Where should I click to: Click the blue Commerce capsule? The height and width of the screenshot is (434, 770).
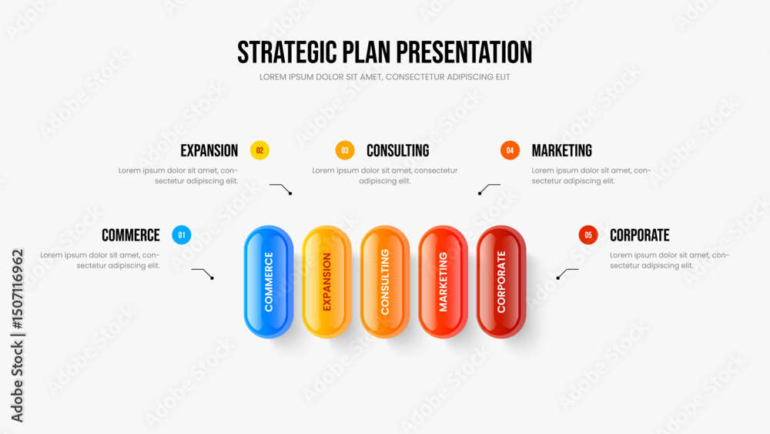click(269, 281)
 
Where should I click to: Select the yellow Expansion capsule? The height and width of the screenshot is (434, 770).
click(326, 281)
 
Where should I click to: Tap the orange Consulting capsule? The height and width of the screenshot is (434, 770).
click(385, 281)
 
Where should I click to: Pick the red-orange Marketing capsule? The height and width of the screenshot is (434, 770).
click(443, 281)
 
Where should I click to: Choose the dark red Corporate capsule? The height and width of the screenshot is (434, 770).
click(501, 281)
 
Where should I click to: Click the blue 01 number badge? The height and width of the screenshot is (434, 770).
click(182, 235)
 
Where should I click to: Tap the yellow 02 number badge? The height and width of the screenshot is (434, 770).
click(259, 150)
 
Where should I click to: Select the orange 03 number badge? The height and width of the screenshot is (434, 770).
click(345, 150)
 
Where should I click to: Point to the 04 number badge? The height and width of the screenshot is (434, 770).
click(510, 150)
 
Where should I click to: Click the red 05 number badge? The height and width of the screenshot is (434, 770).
click(588, 235)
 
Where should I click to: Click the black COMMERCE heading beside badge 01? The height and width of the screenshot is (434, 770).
click(131, 235)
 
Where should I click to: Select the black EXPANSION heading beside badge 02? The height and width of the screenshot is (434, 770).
click(209, 151)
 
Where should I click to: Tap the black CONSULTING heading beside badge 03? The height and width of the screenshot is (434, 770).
click(398, 151)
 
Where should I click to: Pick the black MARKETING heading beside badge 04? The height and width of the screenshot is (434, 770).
click(562, 151)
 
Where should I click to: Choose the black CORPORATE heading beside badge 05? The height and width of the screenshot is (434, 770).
click(639, 235)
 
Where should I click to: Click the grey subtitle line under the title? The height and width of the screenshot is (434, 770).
click(384, 77)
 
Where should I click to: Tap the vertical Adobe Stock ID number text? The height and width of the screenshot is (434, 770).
click(18, 290)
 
